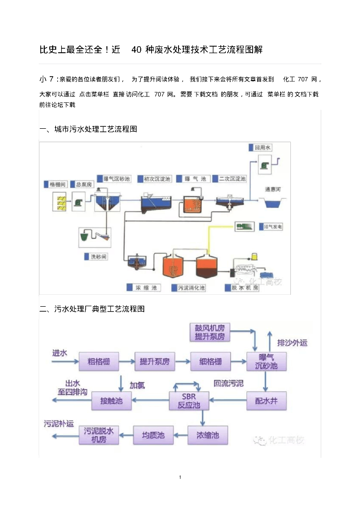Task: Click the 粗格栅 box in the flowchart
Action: click(x=99, y=361)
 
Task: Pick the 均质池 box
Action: click(x=153, y=435)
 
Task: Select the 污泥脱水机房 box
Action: click(x=99, y=435)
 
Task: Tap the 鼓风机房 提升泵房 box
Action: click(x=210, y=333)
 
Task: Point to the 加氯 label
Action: click(x=137, y=385)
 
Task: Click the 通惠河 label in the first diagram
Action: click(x=274, y=189)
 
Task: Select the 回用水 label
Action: click(x=263, y=148)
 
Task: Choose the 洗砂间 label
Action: click(x=98, y=257)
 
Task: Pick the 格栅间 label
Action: click(x=56, y=184)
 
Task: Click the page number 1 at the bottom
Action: click(x=180, y=478)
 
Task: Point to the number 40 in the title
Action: click(x=135, y=50)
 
